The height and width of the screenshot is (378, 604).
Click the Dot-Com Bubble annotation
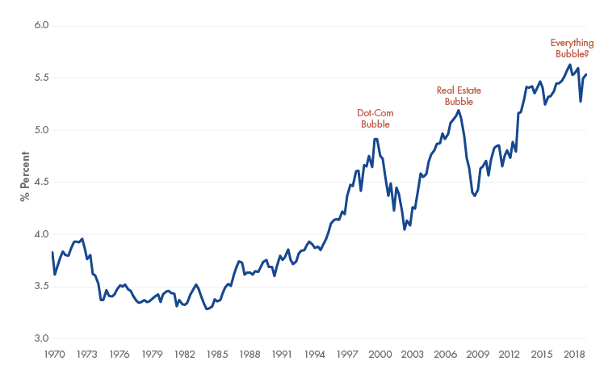coord(374,119)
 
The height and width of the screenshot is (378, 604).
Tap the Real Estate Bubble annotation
coord(455,96)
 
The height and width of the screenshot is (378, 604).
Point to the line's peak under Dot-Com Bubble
coord(375,139)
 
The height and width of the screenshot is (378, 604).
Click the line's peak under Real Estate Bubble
coord(459,111)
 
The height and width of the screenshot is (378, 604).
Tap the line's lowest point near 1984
coord(208,309)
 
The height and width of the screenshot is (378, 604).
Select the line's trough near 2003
coord(405,229)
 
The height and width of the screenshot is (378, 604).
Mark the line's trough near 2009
coord(475,195)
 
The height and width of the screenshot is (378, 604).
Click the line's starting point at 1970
coord(52,253)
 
